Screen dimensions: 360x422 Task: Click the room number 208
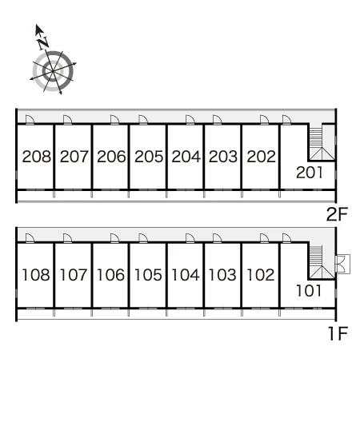(x=36, y=157)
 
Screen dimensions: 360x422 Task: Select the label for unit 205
(x=149, y=157)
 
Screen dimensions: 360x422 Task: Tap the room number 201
(x=309, y=173)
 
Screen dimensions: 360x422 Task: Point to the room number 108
(x=36, y=275)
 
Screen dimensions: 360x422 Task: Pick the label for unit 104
(x=186, y=275)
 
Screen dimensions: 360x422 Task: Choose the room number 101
(x=309, y=291)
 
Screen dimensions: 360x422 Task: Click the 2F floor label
(x=337, y=214)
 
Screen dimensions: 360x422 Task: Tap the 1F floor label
(x=338, y=333)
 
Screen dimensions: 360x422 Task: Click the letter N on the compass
(x=43, y=43)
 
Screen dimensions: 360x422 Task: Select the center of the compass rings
(x=53, y=71)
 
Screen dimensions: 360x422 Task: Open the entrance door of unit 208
(x=30, y=120)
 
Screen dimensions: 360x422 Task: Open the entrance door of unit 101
(x=286, y=238)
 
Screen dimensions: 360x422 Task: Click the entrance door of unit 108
(x=30, y=238)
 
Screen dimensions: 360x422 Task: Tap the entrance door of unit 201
(x=286, y=120)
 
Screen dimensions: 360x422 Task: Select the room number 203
(x=223, y=157)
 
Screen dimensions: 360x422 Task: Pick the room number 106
(x=110, y=275)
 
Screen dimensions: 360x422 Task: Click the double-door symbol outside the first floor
(x=342, y=264)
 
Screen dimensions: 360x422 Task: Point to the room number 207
(x=74, y=157)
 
